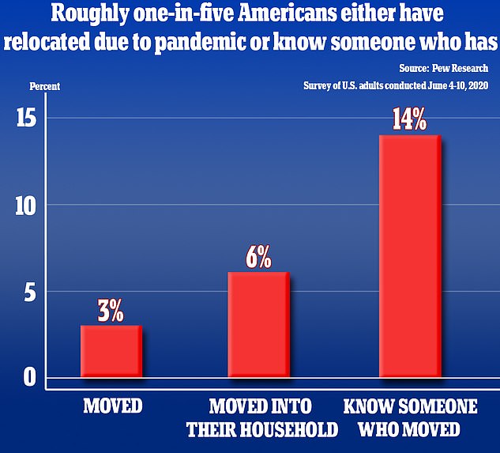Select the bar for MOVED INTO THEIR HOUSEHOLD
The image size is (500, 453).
[x=258, y=324]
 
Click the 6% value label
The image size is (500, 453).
[x=258, y=257]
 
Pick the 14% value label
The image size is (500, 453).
[x=409, y=121]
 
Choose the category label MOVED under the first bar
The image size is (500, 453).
[x=112, y=407]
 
